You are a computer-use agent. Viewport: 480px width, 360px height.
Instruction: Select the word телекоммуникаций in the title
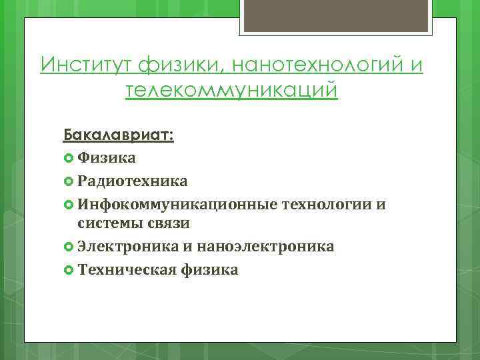(x=231, y=90)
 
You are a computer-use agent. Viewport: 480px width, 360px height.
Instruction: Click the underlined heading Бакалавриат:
(x=119, y=135)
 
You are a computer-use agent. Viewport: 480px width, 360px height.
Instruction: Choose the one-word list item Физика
(x=107, y=158)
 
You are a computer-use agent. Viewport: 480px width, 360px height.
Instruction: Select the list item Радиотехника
(x=132, y=181)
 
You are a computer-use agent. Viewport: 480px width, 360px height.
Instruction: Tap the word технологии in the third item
(x=325, y=203)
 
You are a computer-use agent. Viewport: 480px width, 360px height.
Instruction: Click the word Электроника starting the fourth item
(x=125, y=247)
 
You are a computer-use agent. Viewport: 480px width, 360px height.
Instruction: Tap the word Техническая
(x=126, y=269)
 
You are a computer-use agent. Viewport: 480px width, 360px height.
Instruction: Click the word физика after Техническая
(x=209, y=269)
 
